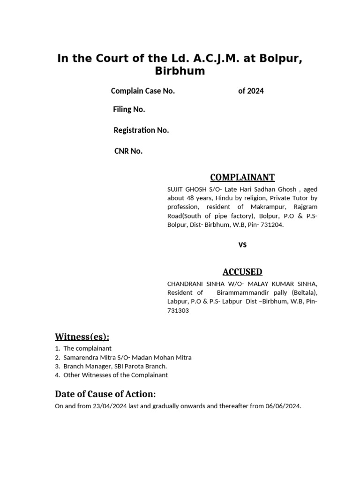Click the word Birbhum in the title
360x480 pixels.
[x=180, y=72]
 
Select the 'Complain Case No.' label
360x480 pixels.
[x=142, y=91]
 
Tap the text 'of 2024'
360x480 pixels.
[x=251, y=91]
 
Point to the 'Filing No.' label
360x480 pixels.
[x=129, y=109]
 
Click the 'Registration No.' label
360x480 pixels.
[x=141, y=130]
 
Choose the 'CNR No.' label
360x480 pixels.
[x=128, y=151]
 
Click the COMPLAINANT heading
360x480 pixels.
[x=242, y=177]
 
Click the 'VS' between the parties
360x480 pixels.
[x=242, y=245]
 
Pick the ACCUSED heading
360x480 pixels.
[x=242, y=272]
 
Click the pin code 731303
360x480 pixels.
[x=178, y=310]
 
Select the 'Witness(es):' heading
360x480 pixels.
[x=82, y=337]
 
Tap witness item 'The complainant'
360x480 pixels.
[x=87, y=348]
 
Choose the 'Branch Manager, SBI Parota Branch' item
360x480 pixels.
[x=115, y=366]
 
